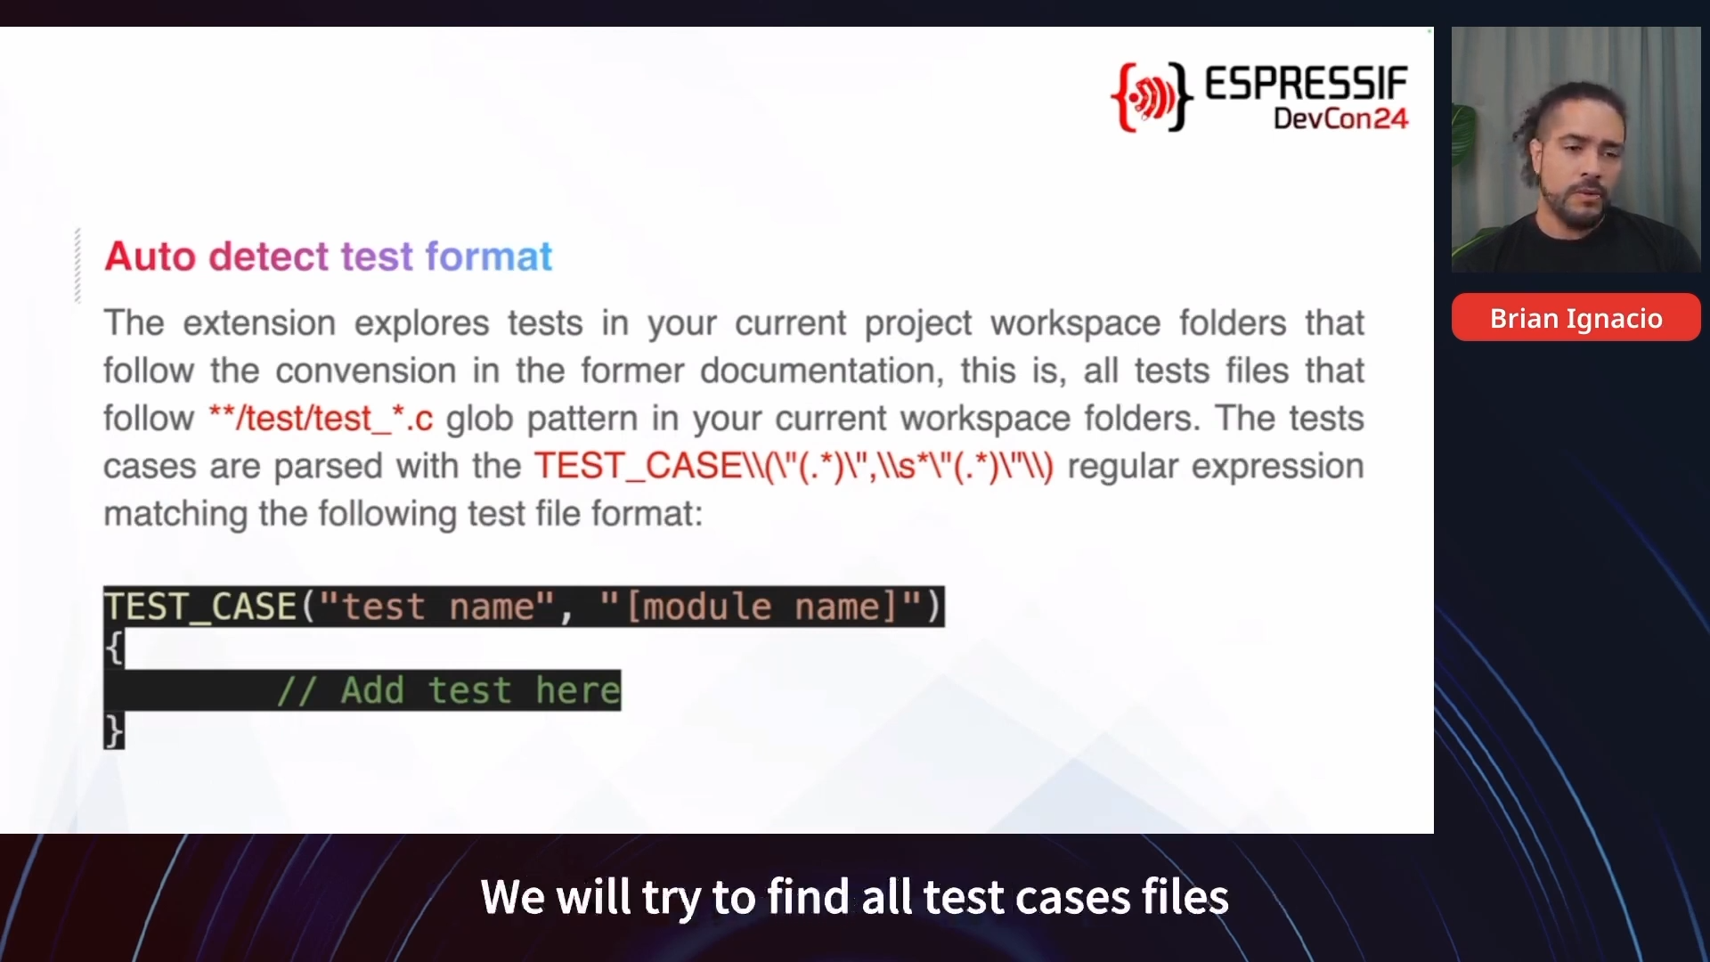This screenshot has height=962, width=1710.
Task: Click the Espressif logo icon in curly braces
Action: pos(1152,97)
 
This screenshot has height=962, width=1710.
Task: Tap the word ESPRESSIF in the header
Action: pos(1307,84)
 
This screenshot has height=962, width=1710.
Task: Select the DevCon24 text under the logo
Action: pos(1341,118)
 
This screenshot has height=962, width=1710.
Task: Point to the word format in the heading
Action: pos(489,257)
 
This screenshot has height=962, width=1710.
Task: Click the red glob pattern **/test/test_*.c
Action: pos(321,418)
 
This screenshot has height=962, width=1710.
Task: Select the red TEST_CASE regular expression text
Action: pos(794,466)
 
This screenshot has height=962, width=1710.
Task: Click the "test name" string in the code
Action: pos(436,607)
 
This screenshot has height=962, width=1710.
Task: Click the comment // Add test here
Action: pos(448,690)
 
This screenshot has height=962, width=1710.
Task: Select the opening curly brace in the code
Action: pos(114,648)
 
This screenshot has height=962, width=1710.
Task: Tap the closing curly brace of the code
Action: pos(114,730)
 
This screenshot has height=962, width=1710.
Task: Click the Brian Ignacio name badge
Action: pos(1576,318)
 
